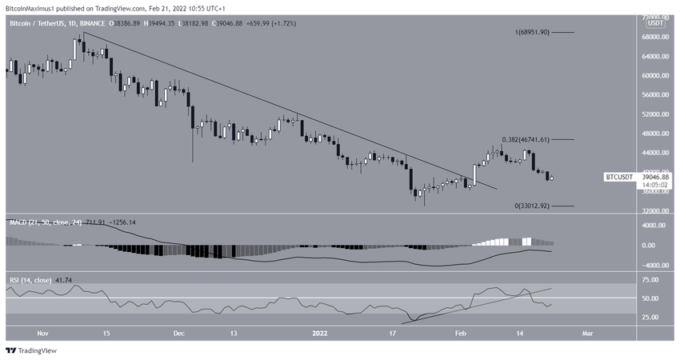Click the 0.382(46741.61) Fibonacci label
click(x=532, y=139)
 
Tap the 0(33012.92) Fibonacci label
click(x=532, y=206)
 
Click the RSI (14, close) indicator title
click(x=30, y=280)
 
